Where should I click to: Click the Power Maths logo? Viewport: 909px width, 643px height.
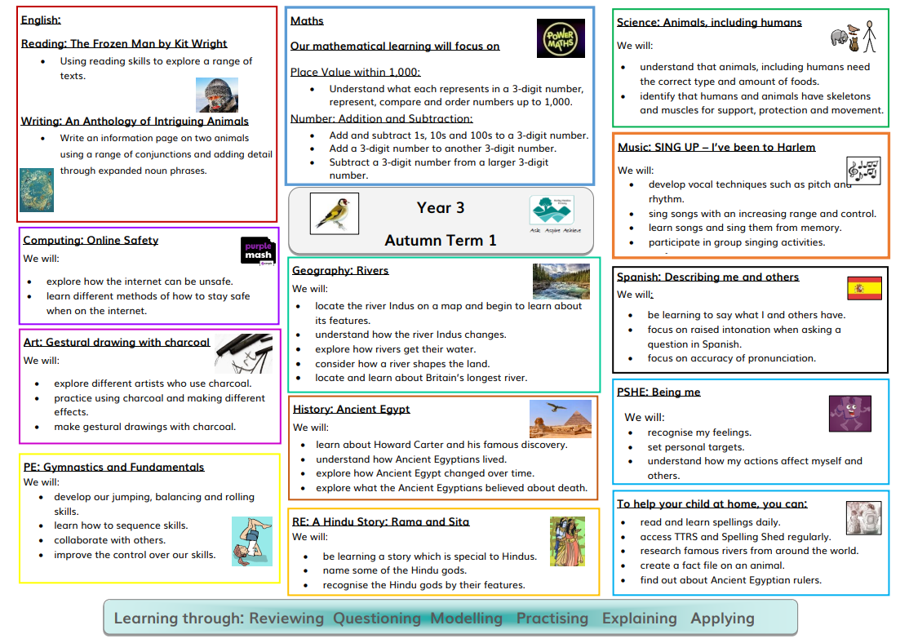pos(561,38)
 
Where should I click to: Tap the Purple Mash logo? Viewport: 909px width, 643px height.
pos(259,252)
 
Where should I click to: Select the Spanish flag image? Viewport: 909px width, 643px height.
pos(864,288)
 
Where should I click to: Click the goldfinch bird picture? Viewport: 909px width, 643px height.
pos(334,214)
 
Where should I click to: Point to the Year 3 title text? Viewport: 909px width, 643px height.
pos(441,208)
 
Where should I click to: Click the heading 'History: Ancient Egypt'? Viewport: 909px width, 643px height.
pos(352,410)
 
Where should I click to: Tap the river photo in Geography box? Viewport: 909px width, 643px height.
pos(561,281)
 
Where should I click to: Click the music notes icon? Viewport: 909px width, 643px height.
pos(863,170)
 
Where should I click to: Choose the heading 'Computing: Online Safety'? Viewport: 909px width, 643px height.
pos(91,241)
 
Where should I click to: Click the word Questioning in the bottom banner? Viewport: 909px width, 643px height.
pos(377,618)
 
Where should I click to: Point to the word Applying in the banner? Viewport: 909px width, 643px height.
pos(722,618)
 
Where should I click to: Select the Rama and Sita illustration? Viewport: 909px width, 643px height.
pos(567,541)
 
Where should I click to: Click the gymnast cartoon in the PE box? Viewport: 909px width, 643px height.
pos(251,540)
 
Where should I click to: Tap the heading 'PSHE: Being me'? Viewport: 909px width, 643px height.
pos(658,392)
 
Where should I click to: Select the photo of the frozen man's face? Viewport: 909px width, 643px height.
pos(217,95)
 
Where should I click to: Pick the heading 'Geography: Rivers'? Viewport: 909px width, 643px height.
pos(340,271)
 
